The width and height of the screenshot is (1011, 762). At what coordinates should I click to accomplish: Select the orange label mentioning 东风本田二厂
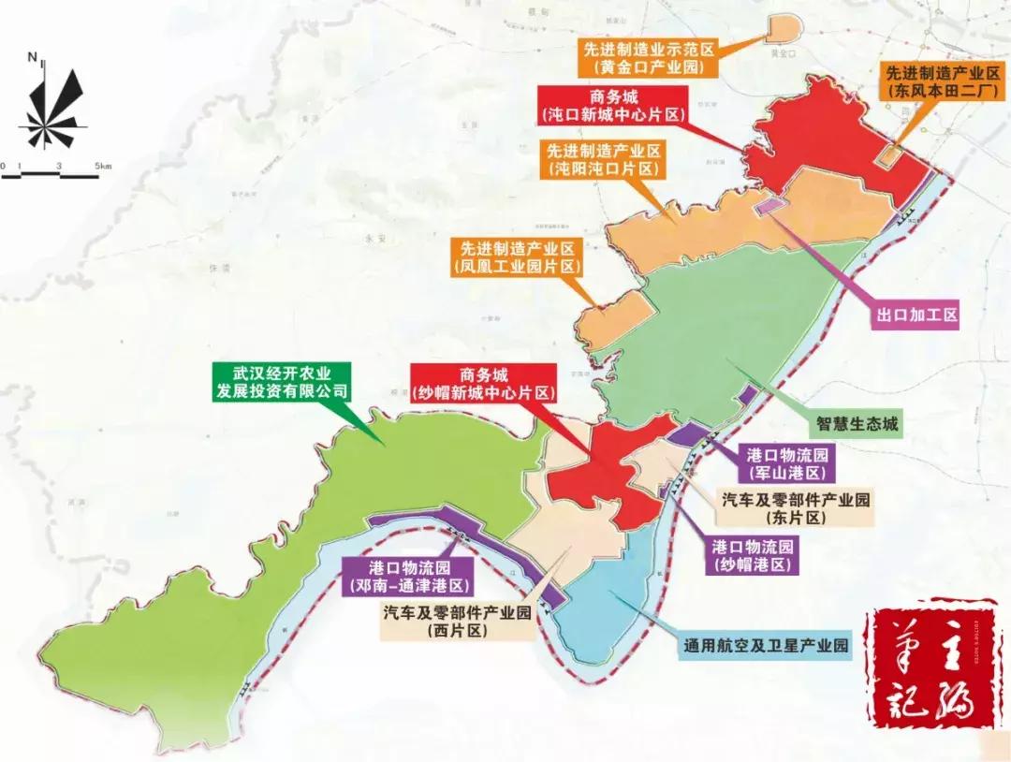tap(943, 82)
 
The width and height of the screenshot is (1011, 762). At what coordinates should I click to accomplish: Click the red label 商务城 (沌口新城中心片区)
tap(613, 104)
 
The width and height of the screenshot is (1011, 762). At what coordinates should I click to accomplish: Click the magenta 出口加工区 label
tap(916, 315)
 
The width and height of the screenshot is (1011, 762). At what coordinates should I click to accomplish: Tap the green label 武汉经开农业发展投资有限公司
tap(280, 380)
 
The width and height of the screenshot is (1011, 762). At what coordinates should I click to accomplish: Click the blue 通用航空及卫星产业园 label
tap(766, 646)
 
